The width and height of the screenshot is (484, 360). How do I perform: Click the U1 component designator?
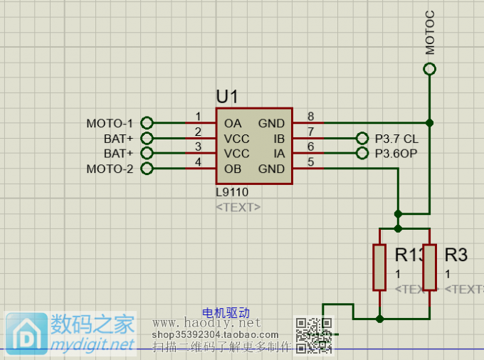[227, 96]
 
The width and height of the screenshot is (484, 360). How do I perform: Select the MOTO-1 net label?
[110, 123]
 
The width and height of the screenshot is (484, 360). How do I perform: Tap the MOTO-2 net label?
[110, 169]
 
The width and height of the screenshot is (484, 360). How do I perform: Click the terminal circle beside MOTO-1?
[147, 123]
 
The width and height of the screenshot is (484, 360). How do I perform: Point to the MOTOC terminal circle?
[429, 69]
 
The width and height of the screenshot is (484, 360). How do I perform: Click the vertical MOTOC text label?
[429, 33]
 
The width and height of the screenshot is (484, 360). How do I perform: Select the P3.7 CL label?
[396, 139]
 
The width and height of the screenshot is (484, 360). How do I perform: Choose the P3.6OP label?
[396, 154]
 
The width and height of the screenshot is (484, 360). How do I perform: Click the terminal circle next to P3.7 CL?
[362, 139]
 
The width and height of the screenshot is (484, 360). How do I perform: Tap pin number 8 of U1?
[310, 117]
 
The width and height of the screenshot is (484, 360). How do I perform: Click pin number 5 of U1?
[310, 162]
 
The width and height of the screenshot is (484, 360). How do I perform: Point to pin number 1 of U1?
[198, 117]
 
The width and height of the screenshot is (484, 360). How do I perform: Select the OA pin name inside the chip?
[233, 123]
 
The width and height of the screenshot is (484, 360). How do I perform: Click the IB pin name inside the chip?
[279, 138]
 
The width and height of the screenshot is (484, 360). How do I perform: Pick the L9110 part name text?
[232, 192]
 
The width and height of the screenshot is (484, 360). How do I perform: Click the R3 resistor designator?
[456, 255]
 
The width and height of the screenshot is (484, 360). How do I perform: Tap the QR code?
[314, 335]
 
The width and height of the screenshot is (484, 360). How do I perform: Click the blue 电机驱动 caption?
[226, 312]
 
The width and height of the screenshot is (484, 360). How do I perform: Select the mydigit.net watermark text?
[93, 344]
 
